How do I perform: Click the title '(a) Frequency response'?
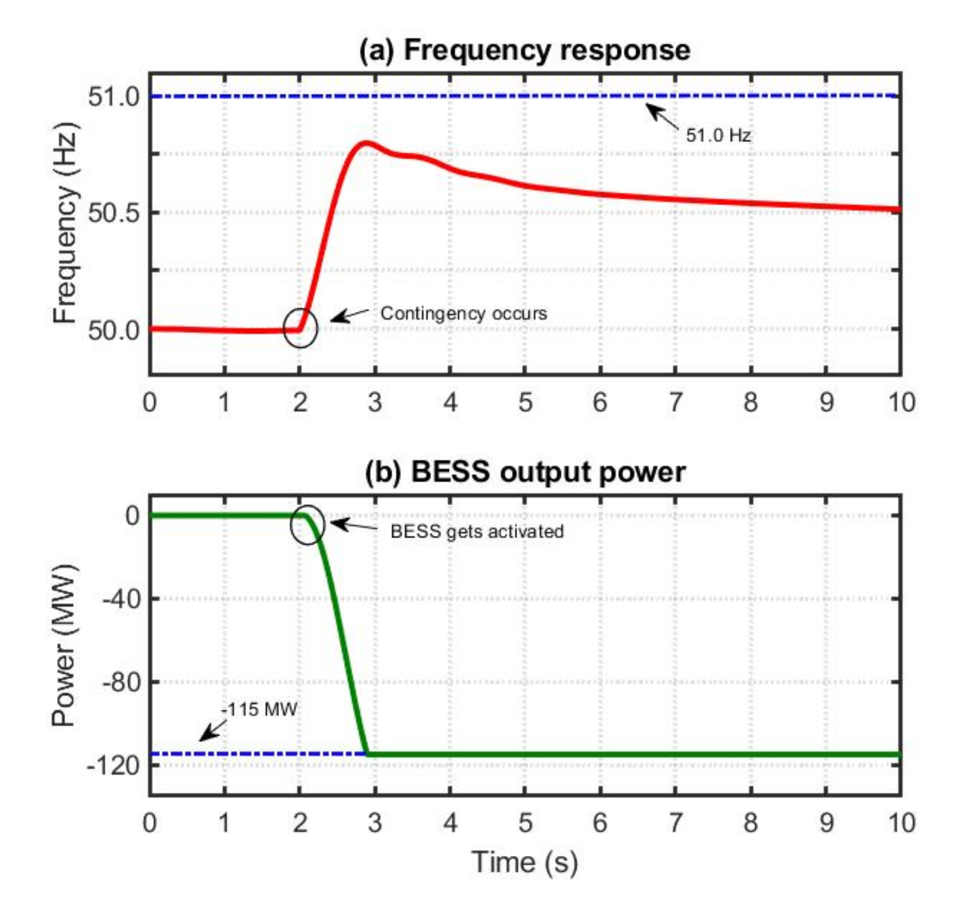(x=524, y=51)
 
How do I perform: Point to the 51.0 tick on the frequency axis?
(x=114, y=96)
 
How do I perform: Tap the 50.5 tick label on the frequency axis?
(x=114, y=213)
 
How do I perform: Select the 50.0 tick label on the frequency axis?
(x=114, y=330)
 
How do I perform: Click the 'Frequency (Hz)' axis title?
(x=66, y=223)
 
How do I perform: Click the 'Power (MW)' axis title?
(x=65, y=645)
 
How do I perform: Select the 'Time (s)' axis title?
(x=524, y=863)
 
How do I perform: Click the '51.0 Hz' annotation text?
(x=718, y=136)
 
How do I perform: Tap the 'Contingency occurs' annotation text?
(x=463, y=313)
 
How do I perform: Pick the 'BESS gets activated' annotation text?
(x=477, y=532)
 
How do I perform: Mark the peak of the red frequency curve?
(x=366, y=142)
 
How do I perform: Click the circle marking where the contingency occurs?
(x=300, y=328)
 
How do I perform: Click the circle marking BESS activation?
(x=308, y=525)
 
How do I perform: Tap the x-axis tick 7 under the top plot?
(x=675, y=403)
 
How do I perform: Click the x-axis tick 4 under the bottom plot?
(x=450, y=823)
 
